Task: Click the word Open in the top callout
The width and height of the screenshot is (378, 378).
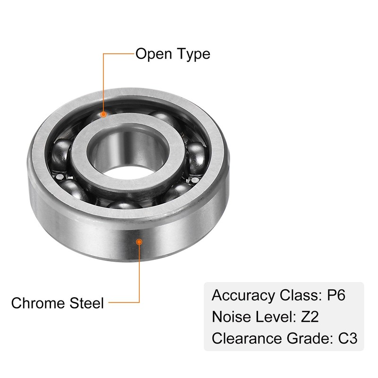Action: (x=154, y=54)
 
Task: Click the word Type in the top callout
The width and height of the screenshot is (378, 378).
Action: (x=192, y=54)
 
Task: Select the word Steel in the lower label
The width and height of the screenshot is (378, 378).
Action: (x=87, y=302)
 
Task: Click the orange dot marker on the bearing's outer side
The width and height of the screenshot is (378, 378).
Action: (x=139, y=241)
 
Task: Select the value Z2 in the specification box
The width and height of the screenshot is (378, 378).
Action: (x=309, y=317)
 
